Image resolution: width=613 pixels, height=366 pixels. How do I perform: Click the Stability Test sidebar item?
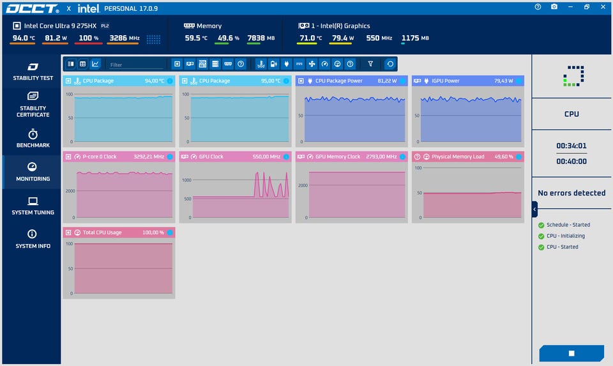point(33,72)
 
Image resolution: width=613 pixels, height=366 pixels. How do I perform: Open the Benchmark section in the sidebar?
point(33,138)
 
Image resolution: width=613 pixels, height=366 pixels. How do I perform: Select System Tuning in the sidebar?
point(33,206)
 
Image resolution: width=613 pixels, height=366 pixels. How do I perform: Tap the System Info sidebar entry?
point(33,240)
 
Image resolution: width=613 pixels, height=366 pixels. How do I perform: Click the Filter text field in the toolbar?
point(135,65)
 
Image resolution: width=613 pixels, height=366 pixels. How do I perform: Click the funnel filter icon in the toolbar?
point(370,64)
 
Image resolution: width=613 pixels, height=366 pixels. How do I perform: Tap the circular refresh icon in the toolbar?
point(390,64)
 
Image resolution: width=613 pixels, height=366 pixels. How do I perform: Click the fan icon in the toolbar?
point(312,64)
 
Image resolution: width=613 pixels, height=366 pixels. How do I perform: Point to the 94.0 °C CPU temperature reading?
point(24,38)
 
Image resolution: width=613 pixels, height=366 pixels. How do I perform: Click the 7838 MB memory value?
point(261,38)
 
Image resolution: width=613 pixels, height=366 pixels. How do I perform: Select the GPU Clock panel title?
point(211,156)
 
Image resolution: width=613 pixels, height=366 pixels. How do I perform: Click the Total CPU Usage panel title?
point(102,233)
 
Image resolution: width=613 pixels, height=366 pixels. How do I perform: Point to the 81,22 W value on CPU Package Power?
point(387,80)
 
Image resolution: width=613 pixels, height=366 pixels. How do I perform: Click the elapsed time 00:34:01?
point(571,146)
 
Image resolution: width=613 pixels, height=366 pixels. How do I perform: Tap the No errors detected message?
point(571,193)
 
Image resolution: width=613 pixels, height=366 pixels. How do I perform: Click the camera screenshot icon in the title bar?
point(554,6)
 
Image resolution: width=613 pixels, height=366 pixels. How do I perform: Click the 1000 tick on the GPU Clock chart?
point(186,180)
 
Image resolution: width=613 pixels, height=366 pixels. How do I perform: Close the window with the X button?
point(603,6)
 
